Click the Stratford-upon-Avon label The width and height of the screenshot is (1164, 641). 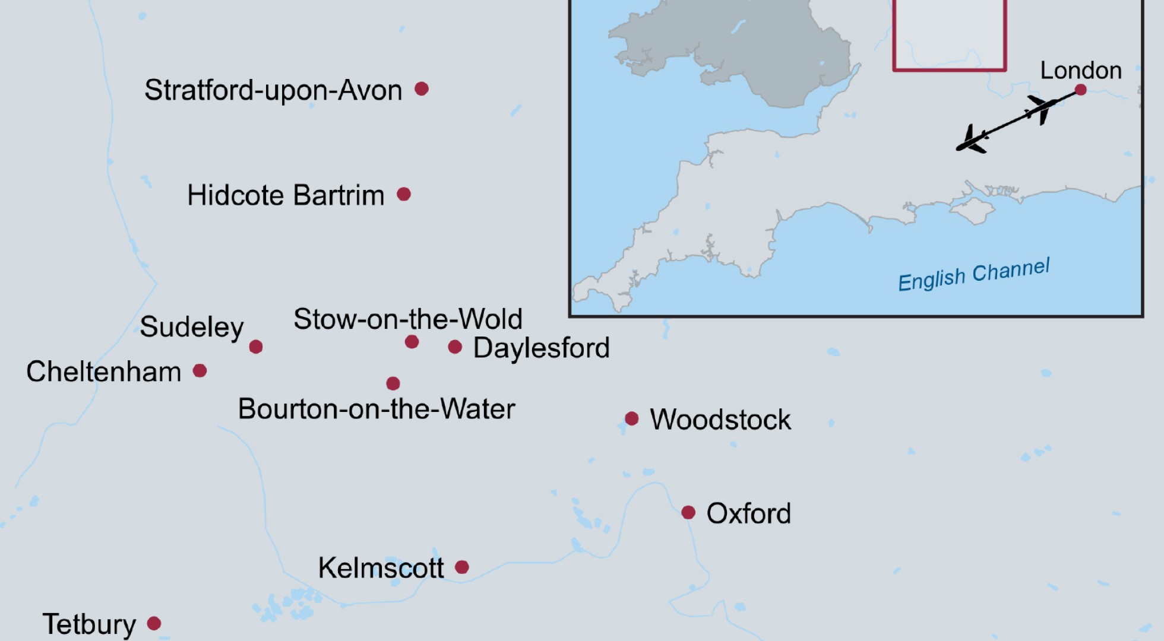pos(273,90)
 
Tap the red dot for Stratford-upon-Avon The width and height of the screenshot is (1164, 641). pos(422,89)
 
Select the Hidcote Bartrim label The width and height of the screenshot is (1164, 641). pos(286,195)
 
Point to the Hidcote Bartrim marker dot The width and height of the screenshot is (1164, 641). pos(404,194)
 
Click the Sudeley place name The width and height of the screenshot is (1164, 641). pos(192,327)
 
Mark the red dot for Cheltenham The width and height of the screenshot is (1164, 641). pos(200,371)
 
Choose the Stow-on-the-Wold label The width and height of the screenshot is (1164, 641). pos(408,319)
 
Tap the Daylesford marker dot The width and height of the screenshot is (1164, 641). pos(455,347)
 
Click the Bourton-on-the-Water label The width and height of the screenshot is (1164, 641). pos(377,409)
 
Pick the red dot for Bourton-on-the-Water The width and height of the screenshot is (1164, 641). pos(393,383)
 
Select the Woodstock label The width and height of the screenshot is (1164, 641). pos(720,420)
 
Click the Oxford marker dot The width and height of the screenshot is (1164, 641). pos(688,512)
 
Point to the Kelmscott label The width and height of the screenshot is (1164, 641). pos(381,568)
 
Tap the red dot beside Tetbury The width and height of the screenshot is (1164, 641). pos(154,623)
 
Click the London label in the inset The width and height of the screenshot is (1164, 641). pos(1081,71)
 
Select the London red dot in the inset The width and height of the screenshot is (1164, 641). pos(1081,90)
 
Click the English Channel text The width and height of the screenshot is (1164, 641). pos(974,274)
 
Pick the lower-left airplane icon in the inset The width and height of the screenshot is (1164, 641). pos(971,141)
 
